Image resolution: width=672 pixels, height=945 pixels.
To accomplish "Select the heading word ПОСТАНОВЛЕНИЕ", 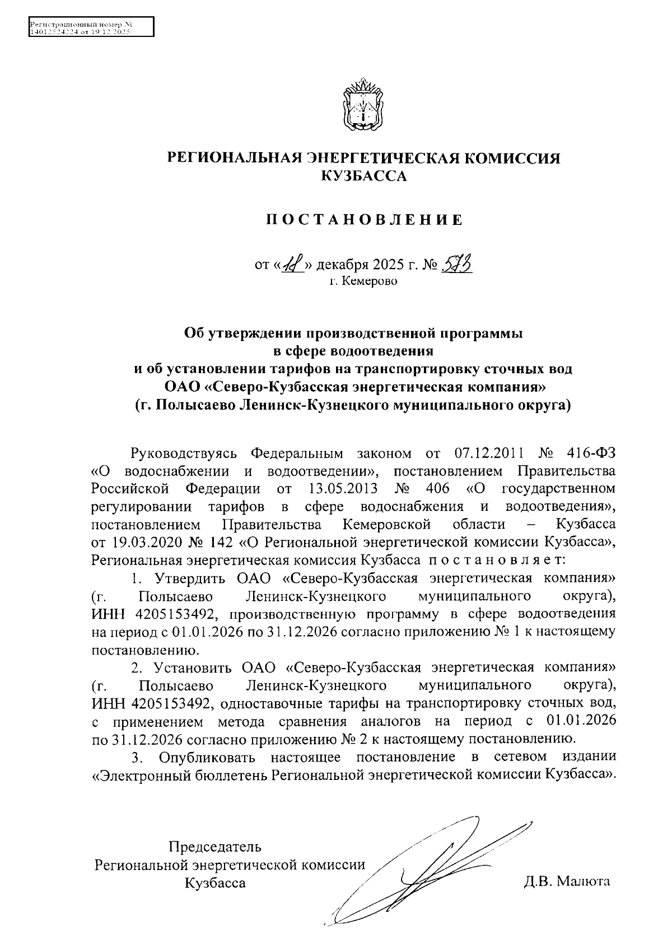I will click(x=364, y=220).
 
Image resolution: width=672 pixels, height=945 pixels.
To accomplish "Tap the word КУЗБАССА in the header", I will click(x=364, y=176).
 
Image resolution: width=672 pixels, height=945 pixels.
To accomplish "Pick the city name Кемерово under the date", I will click(x=370, y=281).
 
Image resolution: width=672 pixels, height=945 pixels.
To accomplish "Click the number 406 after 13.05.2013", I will click(x=437, y=488).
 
